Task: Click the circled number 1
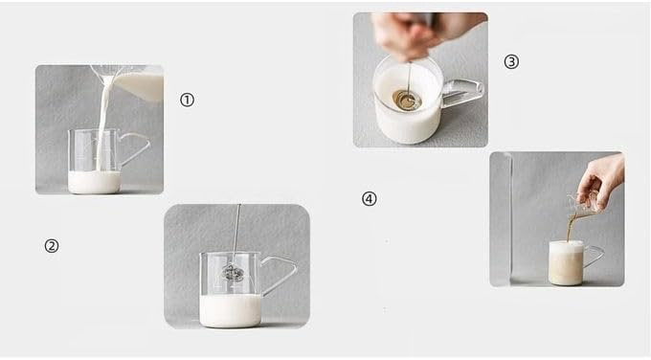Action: point(187,100)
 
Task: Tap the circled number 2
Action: point(52,246)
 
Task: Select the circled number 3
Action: point(511,62)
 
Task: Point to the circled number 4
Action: point(370,198)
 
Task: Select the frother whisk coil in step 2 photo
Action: point(232,272)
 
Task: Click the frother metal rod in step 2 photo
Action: point(236,234)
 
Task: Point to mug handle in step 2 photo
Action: point(279,274)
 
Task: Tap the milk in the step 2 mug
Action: point(230,310)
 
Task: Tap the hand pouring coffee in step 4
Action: point(602,181)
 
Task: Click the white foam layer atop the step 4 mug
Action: point(567,247)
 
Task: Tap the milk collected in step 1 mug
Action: point(94,182)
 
